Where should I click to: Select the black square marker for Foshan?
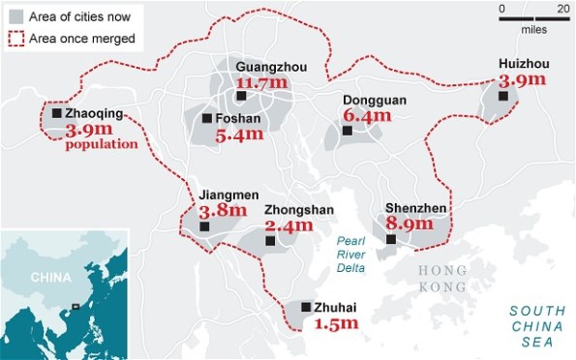pyautogui.click(x=207, y=118)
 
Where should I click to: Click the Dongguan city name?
pyautogui.click(x=375, y=101)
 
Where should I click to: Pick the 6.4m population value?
pyautogui.click(x=367, y=116)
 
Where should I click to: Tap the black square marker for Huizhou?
pyautogui.click(x=502, y=96)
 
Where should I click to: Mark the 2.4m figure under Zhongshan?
pyautogui.click(x=288, y=225)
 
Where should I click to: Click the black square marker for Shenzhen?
pyautogui.click(x=391, y=239)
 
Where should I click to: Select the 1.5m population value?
pyautogui.click(x=336, y=324)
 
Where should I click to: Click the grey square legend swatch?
pyautogui.click(x=16, y=16)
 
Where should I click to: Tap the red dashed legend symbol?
pyautogui.click(x=16, y=39)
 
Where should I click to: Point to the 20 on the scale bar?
pyautogui.click(x=563, y=9)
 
